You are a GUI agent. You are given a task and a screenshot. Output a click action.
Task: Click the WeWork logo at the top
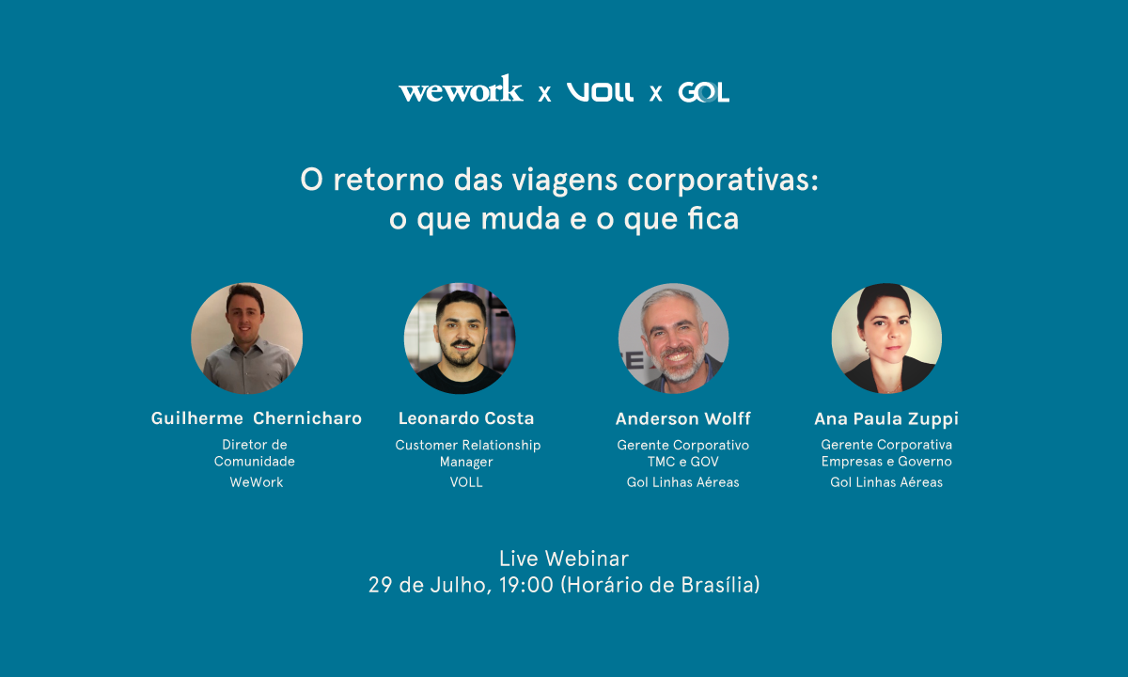tap(461, 90)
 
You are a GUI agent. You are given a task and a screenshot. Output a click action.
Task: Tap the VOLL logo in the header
tap(600, 92)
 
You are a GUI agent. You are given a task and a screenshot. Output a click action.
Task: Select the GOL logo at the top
tap(703, 92)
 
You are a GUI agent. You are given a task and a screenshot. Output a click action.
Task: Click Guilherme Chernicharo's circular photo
tap(246, 338)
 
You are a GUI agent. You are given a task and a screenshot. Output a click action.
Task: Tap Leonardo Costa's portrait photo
tap(460, 338)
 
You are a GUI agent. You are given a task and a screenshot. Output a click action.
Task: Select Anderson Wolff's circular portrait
tap(673, 338)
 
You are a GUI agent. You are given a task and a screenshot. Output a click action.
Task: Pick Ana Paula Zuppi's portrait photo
tap(886, 338)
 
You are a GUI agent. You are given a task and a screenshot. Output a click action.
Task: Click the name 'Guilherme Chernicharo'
tap(256, 418)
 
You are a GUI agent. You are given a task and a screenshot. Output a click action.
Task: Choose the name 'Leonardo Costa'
tap(466, 418)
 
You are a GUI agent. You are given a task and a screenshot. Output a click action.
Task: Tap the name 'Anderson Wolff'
tap(683, 418)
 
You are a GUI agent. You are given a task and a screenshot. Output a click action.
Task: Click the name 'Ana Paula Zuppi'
tap(886, 418)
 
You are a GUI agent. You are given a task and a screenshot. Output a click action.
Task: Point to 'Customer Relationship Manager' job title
tap(467, 453)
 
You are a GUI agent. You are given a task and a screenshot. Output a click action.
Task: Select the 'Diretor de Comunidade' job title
tap(255, 453)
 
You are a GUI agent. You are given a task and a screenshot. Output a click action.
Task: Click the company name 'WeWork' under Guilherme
tap(256, 482)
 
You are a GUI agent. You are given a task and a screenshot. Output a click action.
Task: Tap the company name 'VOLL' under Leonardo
tap(466, 482)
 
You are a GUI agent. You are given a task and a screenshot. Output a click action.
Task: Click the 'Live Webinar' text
tap(564, 559)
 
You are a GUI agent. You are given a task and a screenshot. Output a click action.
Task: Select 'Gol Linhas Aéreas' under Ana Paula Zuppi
tap(886, 482)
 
